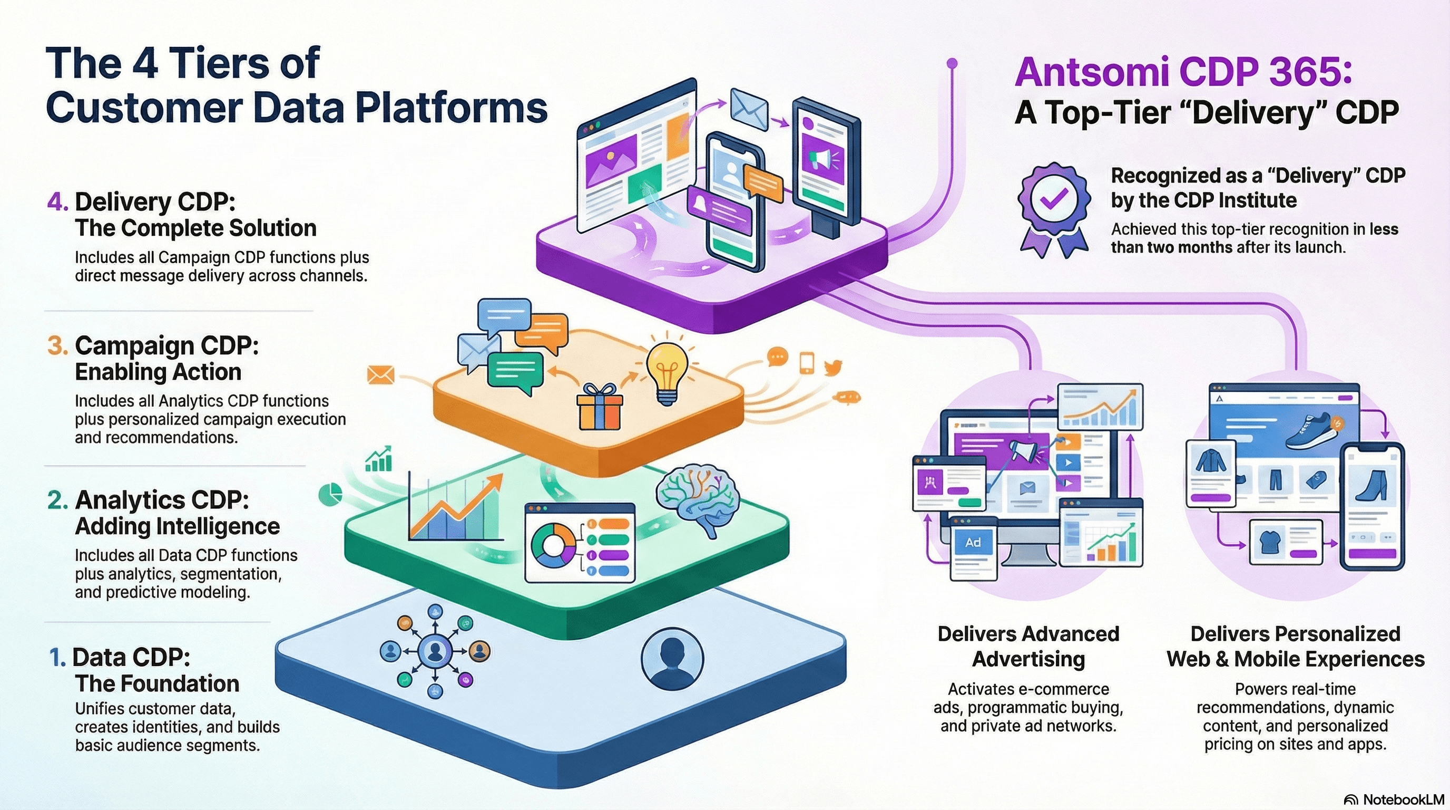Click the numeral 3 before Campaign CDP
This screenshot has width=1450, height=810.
pos(57,345)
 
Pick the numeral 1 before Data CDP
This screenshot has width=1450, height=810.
pos(57,658)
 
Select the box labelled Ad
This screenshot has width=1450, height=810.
pos(973,543)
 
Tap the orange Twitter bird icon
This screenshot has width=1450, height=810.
pos(832,367)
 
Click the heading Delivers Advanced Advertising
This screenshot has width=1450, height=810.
pos(1028,646)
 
